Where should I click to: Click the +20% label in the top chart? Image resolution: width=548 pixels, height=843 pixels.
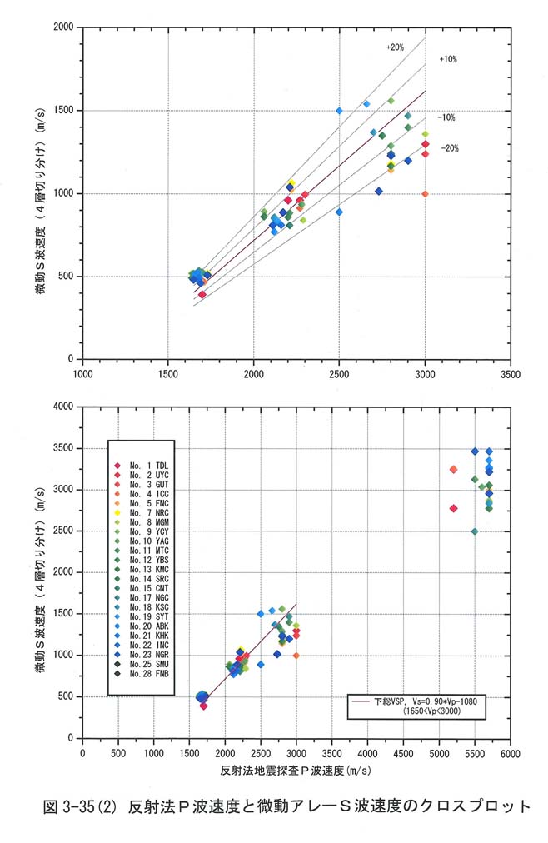[395, 48]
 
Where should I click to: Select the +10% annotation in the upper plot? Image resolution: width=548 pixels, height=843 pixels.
[447, 60]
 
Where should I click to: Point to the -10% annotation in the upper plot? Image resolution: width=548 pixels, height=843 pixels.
[446, 117]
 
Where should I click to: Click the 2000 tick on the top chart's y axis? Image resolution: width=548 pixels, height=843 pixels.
[63, 27]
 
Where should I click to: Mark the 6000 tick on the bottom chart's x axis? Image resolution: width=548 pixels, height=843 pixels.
[510, 754]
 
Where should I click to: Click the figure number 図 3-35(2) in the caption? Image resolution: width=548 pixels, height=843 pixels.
[82, 806]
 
